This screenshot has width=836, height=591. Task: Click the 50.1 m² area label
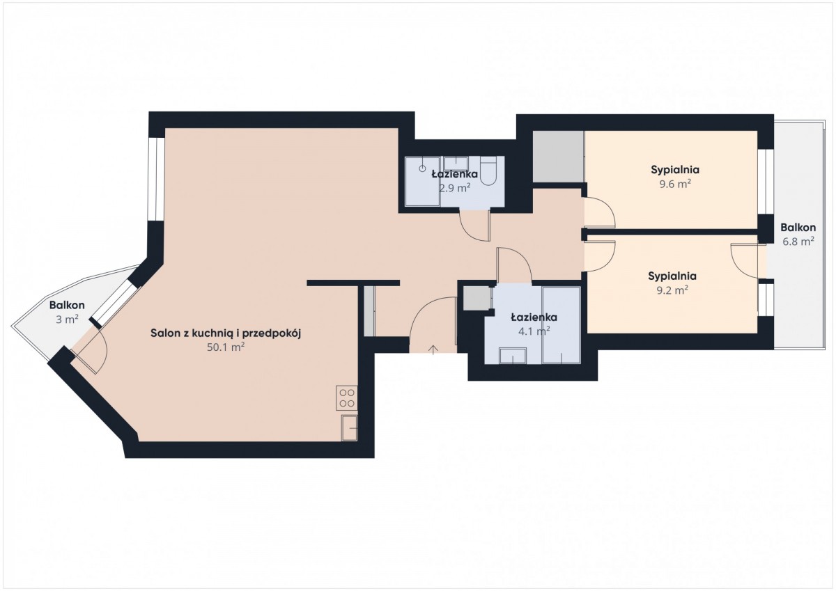pos(226,347)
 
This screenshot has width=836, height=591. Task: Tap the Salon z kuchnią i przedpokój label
pos(226,333)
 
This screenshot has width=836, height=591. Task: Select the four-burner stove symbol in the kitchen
pos(347,398)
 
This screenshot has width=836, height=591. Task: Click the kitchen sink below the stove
pos(349,428)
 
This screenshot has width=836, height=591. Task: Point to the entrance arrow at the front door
pos(433,349)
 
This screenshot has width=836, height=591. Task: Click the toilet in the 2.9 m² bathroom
pos(488,171)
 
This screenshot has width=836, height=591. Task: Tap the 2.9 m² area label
pos(454,188)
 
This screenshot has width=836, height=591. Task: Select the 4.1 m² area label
pos(534,331)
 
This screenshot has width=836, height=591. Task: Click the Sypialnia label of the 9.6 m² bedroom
pos(675,170)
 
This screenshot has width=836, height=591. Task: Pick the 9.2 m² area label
pos(672,290)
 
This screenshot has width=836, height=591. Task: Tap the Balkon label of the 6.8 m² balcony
pos(798,227)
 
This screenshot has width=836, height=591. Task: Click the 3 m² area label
pos(67,320)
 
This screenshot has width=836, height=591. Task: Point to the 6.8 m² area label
pos(798,242)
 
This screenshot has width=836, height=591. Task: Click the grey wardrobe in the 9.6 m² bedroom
pos(558,157)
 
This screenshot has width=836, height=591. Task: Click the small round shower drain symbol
pos(422,168)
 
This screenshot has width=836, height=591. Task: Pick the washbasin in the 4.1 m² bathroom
pos(513,356)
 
